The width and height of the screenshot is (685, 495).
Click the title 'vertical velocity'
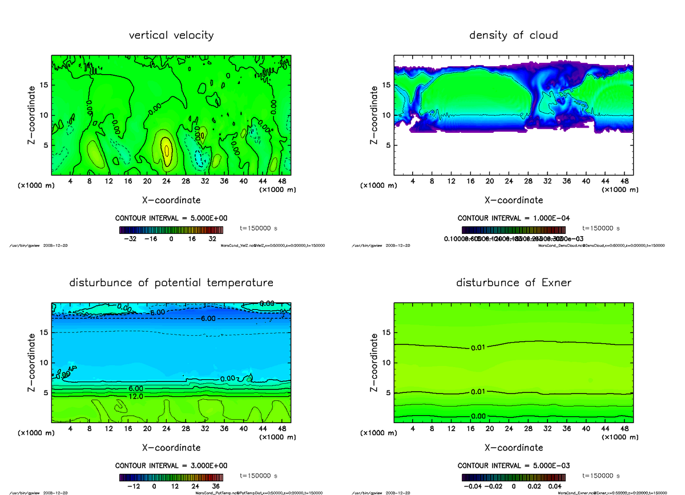tap(171, 35)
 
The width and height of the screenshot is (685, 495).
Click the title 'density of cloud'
tap(513, 35)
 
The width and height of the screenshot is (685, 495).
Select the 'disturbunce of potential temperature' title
tap(171, 283)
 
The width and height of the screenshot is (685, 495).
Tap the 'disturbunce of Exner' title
tap(513, 283)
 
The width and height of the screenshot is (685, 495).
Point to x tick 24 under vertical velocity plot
tap(166, 181)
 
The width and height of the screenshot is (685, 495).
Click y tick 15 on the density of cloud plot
tap(386, 85)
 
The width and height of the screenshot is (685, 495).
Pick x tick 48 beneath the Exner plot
tap(624, 429)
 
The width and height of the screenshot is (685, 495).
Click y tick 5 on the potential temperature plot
tap(45, 392)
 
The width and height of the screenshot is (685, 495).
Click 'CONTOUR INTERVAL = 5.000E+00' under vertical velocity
tap(171, 218)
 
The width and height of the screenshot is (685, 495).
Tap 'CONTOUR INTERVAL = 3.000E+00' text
tap(171, 465)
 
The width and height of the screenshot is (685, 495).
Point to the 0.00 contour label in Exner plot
tap(478, 417)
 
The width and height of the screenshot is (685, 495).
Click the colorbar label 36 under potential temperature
tap(215, 486)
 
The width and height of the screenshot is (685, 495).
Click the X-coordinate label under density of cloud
tap(513, 200)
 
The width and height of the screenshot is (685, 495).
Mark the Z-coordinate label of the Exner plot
tap(374, 362)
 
